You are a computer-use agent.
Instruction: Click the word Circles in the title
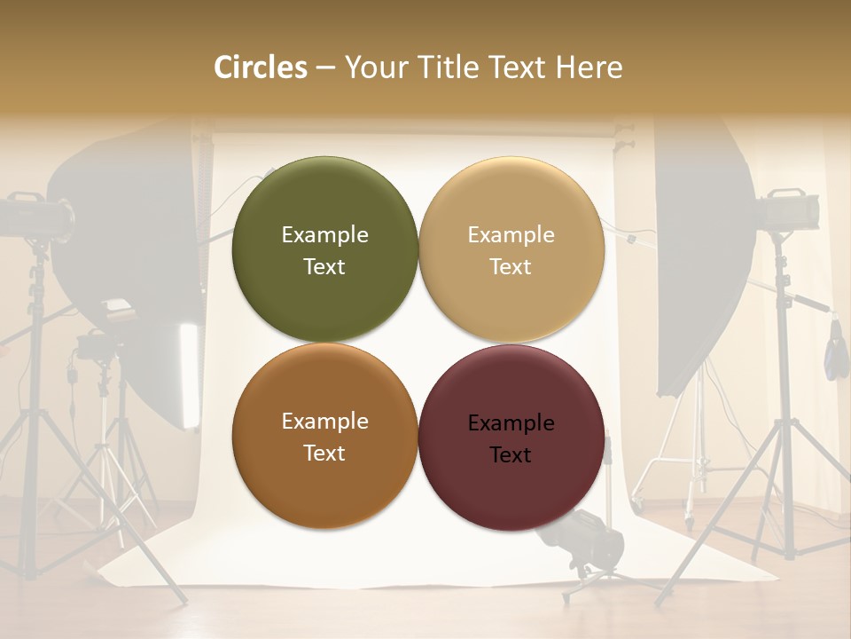click(x=260, y=67)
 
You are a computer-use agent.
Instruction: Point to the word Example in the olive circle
click(x=324, y=235)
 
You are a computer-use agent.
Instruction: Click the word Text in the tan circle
click(x=511, y=267)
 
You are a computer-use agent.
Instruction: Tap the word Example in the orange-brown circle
click(x=324, y=422)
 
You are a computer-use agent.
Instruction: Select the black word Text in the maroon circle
click(x=511, y=455)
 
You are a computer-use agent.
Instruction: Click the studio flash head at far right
click(x=786, y=209)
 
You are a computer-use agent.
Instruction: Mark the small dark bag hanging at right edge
click(x=836, y=353)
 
